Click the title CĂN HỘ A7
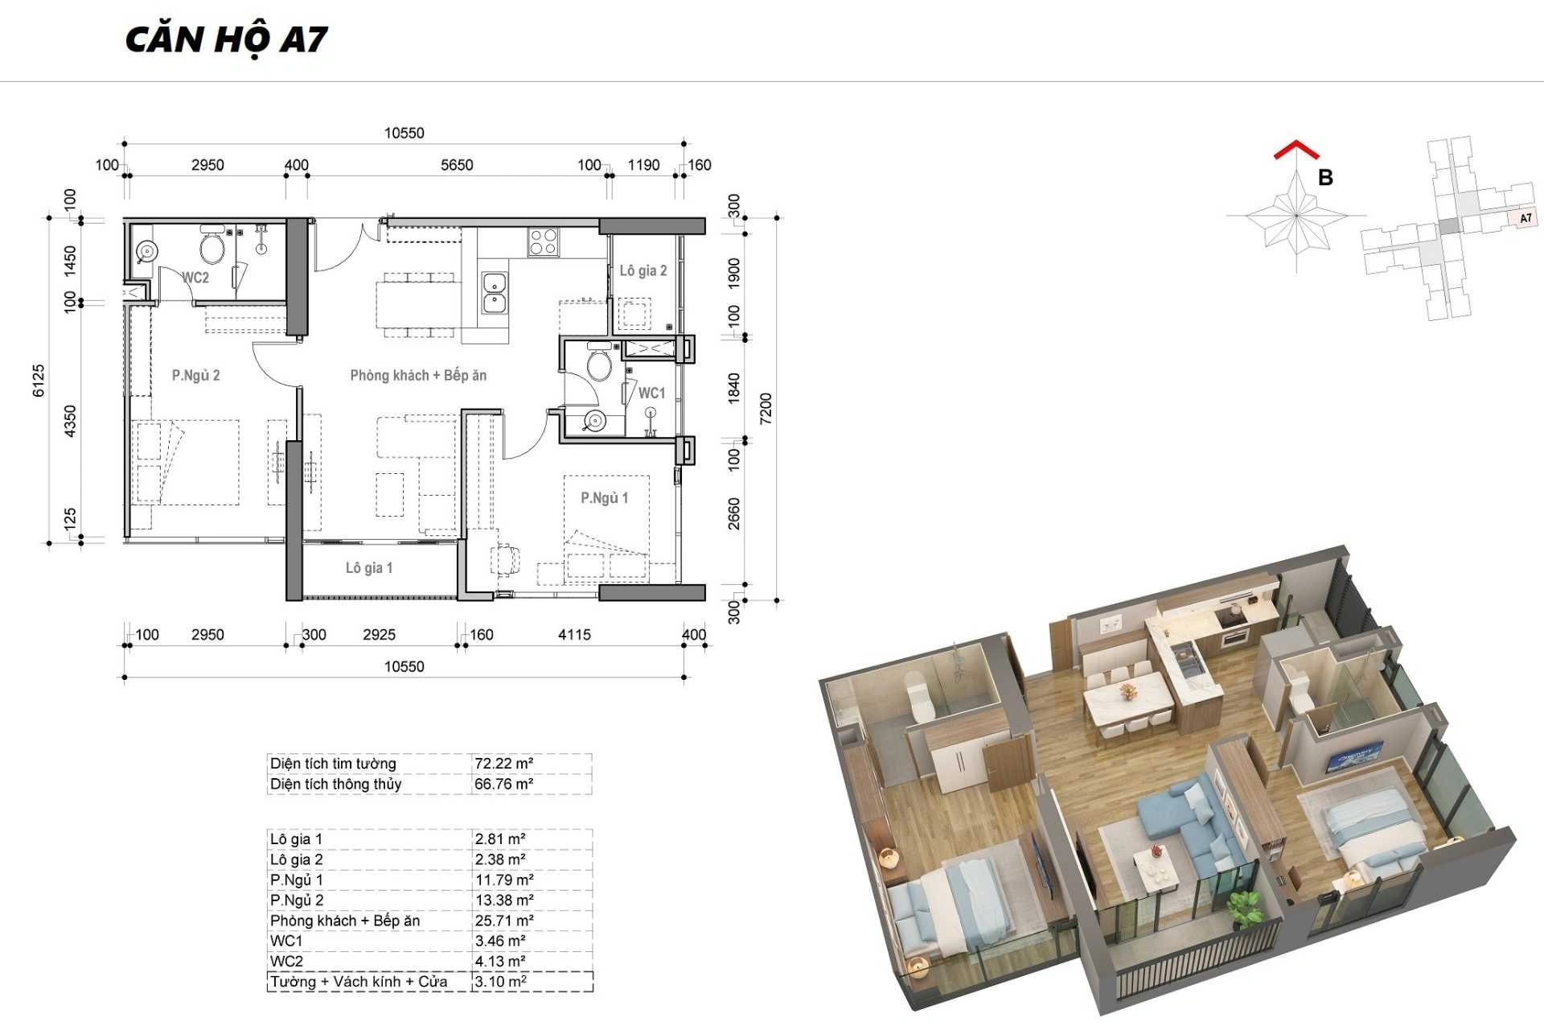pyautogui.click(x=227, y=39)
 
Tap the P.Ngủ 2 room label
pyautogui.click(x=195, y=376)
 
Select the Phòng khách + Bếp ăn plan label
pyautogui.click(x=418, y=375)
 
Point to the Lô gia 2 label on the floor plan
pyautogui.click(x=643, y=270)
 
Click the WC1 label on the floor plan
pyautogui.click(x=651, y=393)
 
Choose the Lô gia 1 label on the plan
pyautogui.click(x=369, y=568)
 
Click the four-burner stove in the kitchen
pyautogui.click(x=543, y=241)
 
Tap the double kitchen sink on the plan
pyautogui.click(x=494, y=292)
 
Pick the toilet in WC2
pyautogui.click(x=212, y=245)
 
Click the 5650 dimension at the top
pyautogui.click(x=457, y=165)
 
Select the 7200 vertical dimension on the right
pyautogui.click(x=766, y=409)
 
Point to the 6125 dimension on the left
pyautogui.click(x=39, y=381)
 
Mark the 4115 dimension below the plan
pyautogui.click(x=574, y=635)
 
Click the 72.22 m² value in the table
pyautogui.click(x=503, y=764)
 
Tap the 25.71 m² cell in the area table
pyautogui.click(x=503, y=921)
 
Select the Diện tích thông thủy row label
pyautogui.click(x=335, y=784)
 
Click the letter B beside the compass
pyautogui.click(x=1325, y=178)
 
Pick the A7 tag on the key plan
pyautogui.click(x=1526, y=218)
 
